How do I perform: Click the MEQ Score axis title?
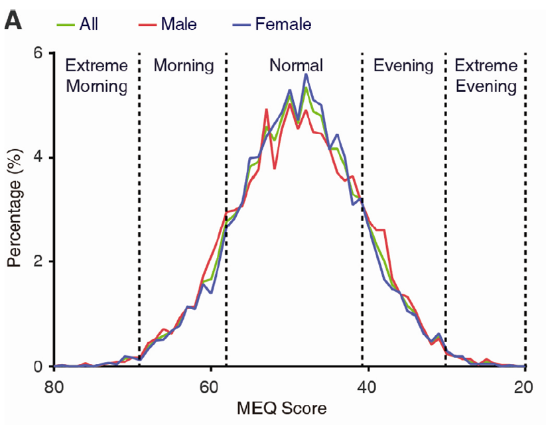tap(289, 408)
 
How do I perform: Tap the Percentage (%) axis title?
tap(15, 210)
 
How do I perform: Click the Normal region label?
tap(296, 66)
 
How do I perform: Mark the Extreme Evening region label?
tap(484, 76)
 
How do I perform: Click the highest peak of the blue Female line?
tap(306, 74)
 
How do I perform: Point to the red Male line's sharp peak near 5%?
tap(266, 109)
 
